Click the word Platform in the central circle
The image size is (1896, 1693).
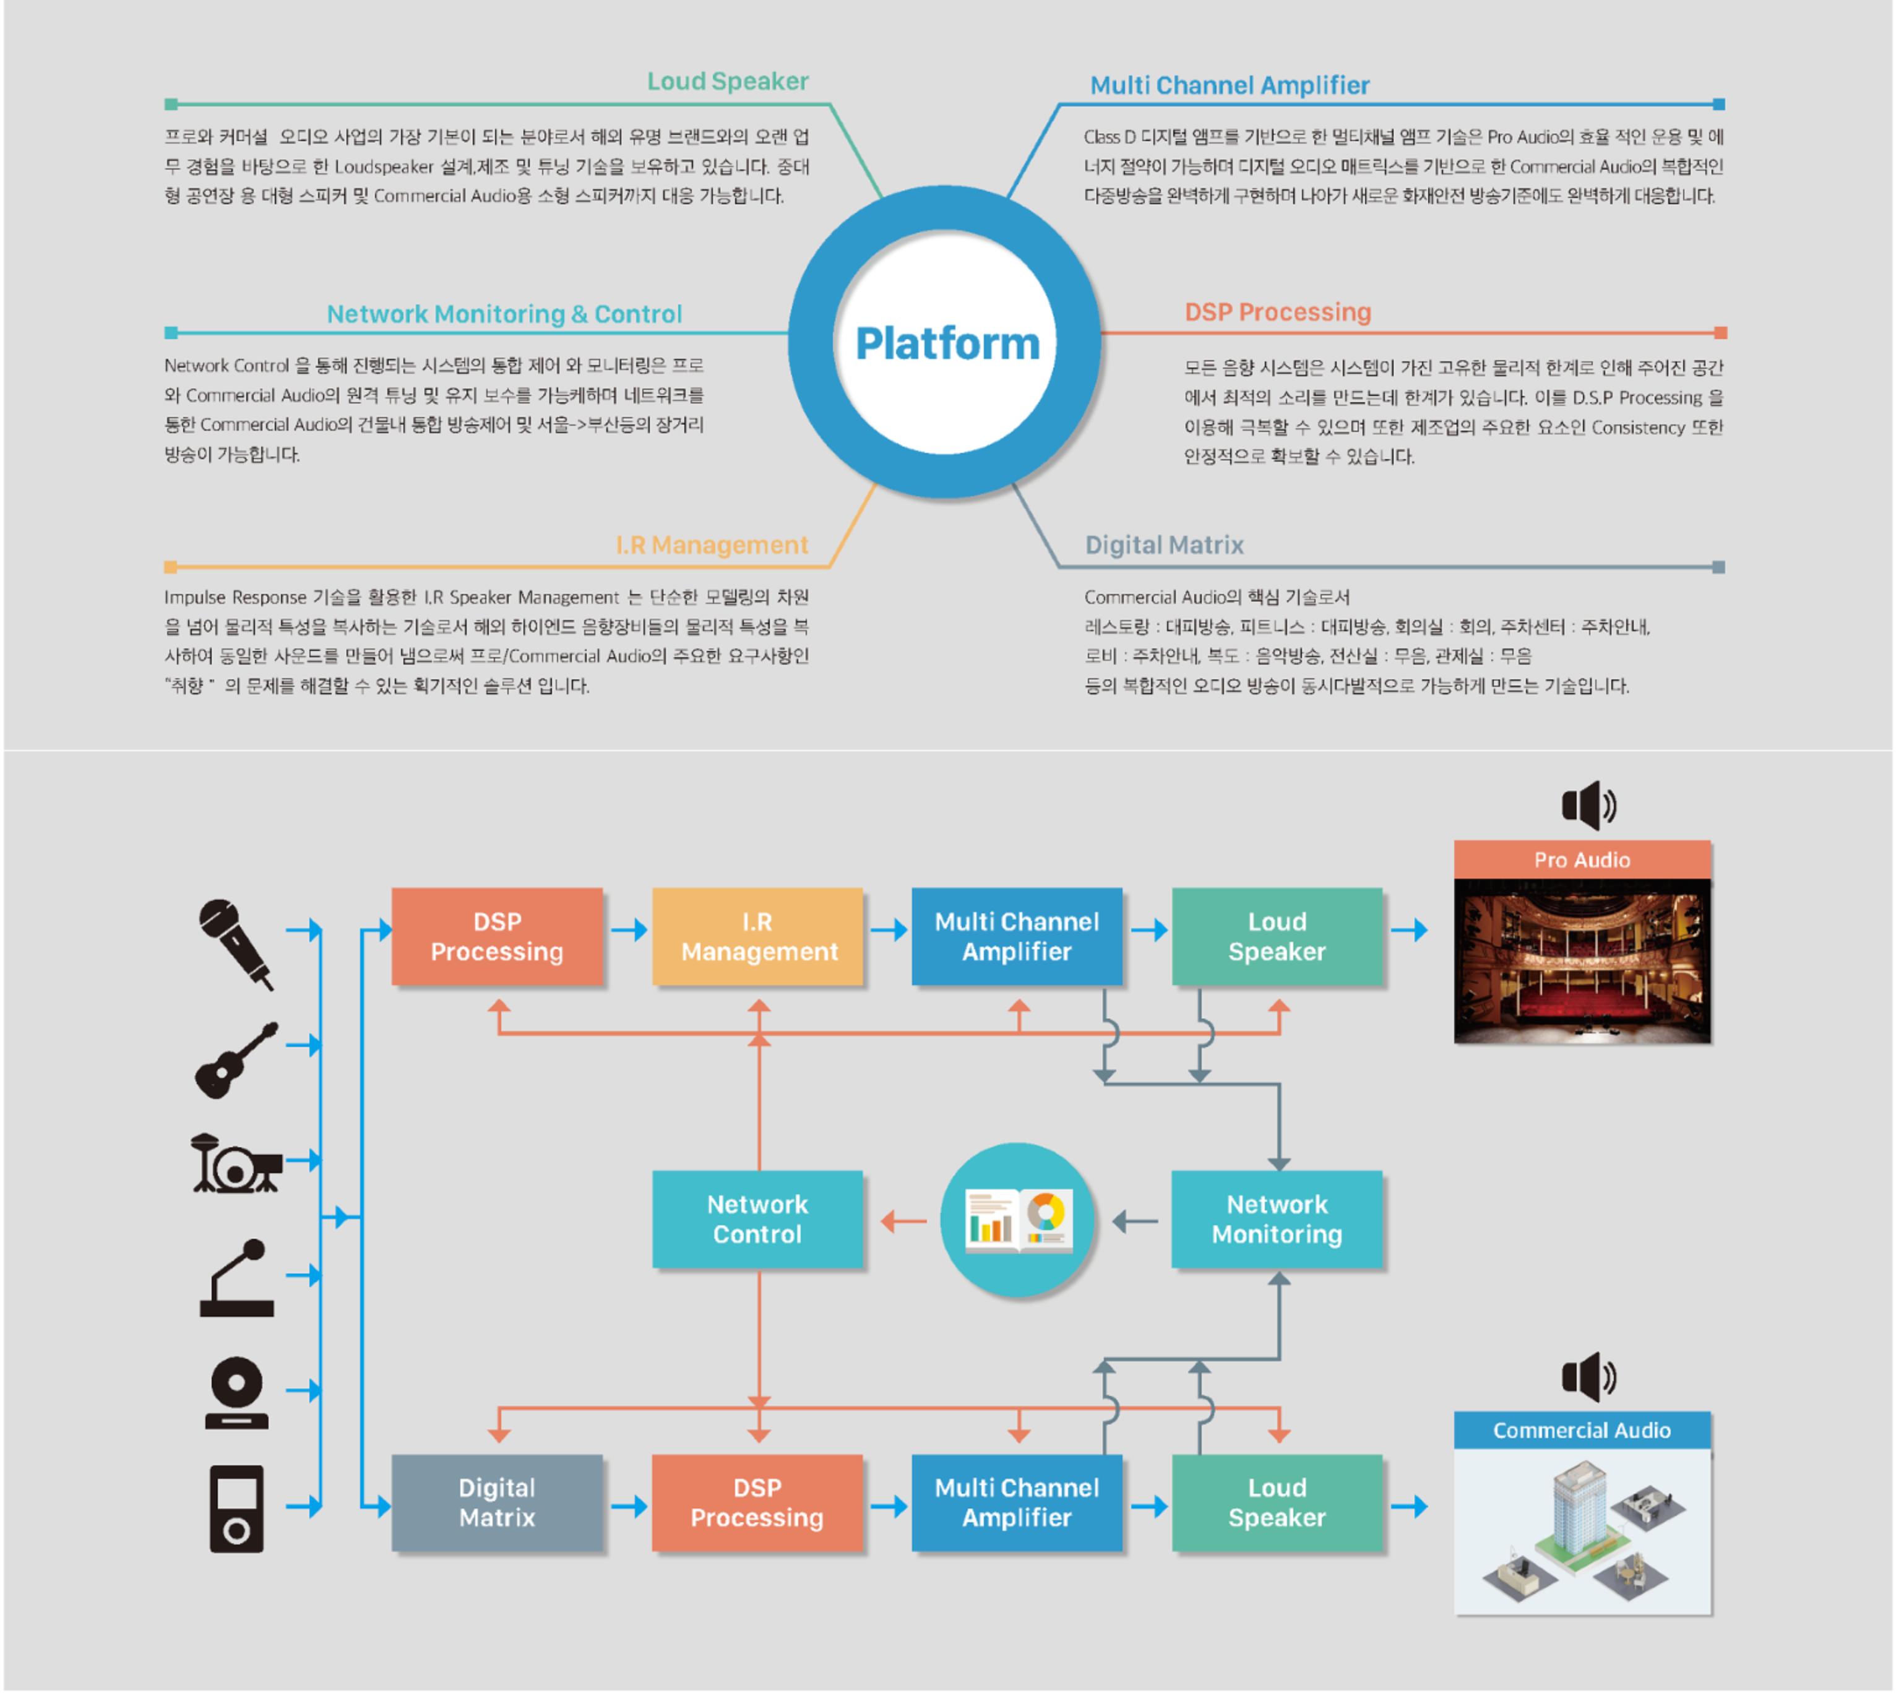[x=947, y=344]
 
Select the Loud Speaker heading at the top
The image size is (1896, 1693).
[x=728, y=81]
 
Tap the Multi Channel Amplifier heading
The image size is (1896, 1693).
[x=1229, y=85]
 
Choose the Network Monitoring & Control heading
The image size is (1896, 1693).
[x=504, y=314]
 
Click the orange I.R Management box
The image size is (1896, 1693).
[x=758, y=936]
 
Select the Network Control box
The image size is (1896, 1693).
[x=758, y=1218]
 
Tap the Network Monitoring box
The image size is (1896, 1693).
[x=1277, y=1218]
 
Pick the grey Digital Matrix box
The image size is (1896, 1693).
[x=497, y=1502]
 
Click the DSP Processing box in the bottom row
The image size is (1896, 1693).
[x=758, y=1502]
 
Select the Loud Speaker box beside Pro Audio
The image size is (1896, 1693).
[x=1277, y=936]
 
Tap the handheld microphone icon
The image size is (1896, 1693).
[x=235, y=942]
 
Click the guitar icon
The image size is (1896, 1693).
[x=236, y=1059]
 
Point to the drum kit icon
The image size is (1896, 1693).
[x=236, y=1163]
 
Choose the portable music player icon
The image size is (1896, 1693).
[x=236, y=1509]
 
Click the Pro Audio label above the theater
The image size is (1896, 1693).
[x=1582, y=859]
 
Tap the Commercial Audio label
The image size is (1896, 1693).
[x=1582, y=1430]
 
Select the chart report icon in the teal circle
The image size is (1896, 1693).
[x=1018, y=1220]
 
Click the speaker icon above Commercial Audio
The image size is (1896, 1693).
[x=1589, y=1377]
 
